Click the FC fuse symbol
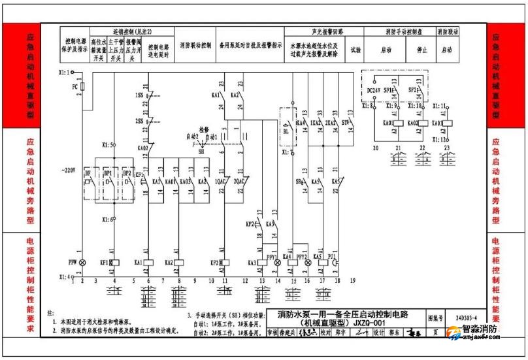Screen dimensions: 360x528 (82, 87)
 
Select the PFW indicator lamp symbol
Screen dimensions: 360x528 (82, 263)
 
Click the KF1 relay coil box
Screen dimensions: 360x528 (115, 263)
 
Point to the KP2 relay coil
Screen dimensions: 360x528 (225, 263)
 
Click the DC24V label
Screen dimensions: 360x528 (374, 91)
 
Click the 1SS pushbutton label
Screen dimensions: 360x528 (139, 95)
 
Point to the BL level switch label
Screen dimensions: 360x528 (286, 130)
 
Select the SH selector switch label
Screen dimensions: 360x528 (200, 150)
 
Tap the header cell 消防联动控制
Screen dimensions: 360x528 (196, 45)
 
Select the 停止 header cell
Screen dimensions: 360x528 (421, 49)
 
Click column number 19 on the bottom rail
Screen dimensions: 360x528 (352, 280)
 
